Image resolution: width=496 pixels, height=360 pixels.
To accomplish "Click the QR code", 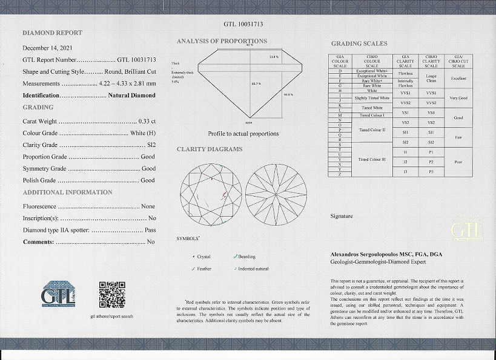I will point(112,294).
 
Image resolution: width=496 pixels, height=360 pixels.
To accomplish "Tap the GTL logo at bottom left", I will point(59,294).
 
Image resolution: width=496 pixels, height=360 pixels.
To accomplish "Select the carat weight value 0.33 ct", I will point(147,121).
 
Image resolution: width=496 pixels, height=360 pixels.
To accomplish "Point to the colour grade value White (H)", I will point(142,133).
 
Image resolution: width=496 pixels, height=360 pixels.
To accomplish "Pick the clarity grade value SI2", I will point(148,145).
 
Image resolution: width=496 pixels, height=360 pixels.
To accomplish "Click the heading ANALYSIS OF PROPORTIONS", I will point(222,41).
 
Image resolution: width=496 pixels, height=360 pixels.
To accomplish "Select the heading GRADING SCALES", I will point(359,44).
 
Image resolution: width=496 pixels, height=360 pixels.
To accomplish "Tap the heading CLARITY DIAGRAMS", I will point(210,149).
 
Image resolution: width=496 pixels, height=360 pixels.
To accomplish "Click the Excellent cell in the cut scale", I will point(458,79).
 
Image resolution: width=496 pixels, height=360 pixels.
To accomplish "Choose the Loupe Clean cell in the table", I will point(431,79).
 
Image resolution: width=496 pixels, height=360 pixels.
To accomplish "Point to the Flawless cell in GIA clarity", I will point(405,73).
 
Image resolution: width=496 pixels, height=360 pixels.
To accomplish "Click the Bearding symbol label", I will point(246,257).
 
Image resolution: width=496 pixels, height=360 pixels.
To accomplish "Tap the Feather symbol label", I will point(203,269).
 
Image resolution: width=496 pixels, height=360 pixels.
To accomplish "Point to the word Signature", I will point(342,215).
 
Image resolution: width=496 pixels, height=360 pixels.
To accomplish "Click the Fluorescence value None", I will point(148,206).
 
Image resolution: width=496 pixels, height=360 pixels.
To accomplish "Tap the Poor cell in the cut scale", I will point(458,163).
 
